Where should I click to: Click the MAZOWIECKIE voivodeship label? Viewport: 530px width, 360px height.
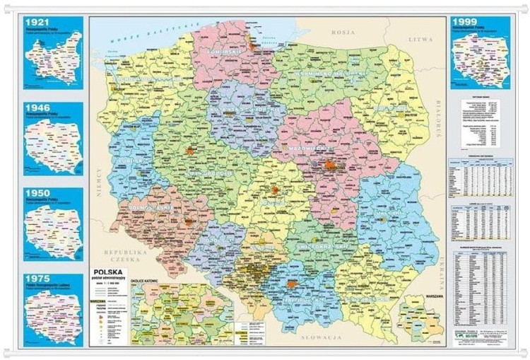click(311, 149)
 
